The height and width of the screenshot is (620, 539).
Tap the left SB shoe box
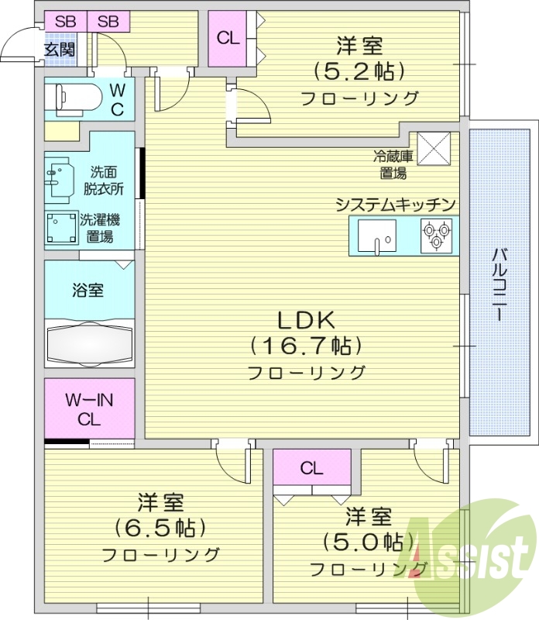point(65,22)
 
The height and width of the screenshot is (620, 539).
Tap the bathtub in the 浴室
point(89,341)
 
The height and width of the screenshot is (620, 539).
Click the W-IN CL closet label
point(89,410)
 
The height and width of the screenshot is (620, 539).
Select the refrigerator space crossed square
point(434,148)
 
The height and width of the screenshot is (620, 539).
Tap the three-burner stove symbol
point(436,235)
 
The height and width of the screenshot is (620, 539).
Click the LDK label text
point(306,319)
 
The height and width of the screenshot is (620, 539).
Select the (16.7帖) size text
point(306,345)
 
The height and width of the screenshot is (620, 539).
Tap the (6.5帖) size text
point(160,529)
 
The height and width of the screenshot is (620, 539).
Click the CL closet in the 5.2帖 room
point(228,37)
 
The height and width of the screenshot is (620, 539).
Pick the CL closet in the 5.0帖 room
point(311,468)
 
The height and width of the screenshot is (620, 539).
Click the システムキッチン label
point(394,204)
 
